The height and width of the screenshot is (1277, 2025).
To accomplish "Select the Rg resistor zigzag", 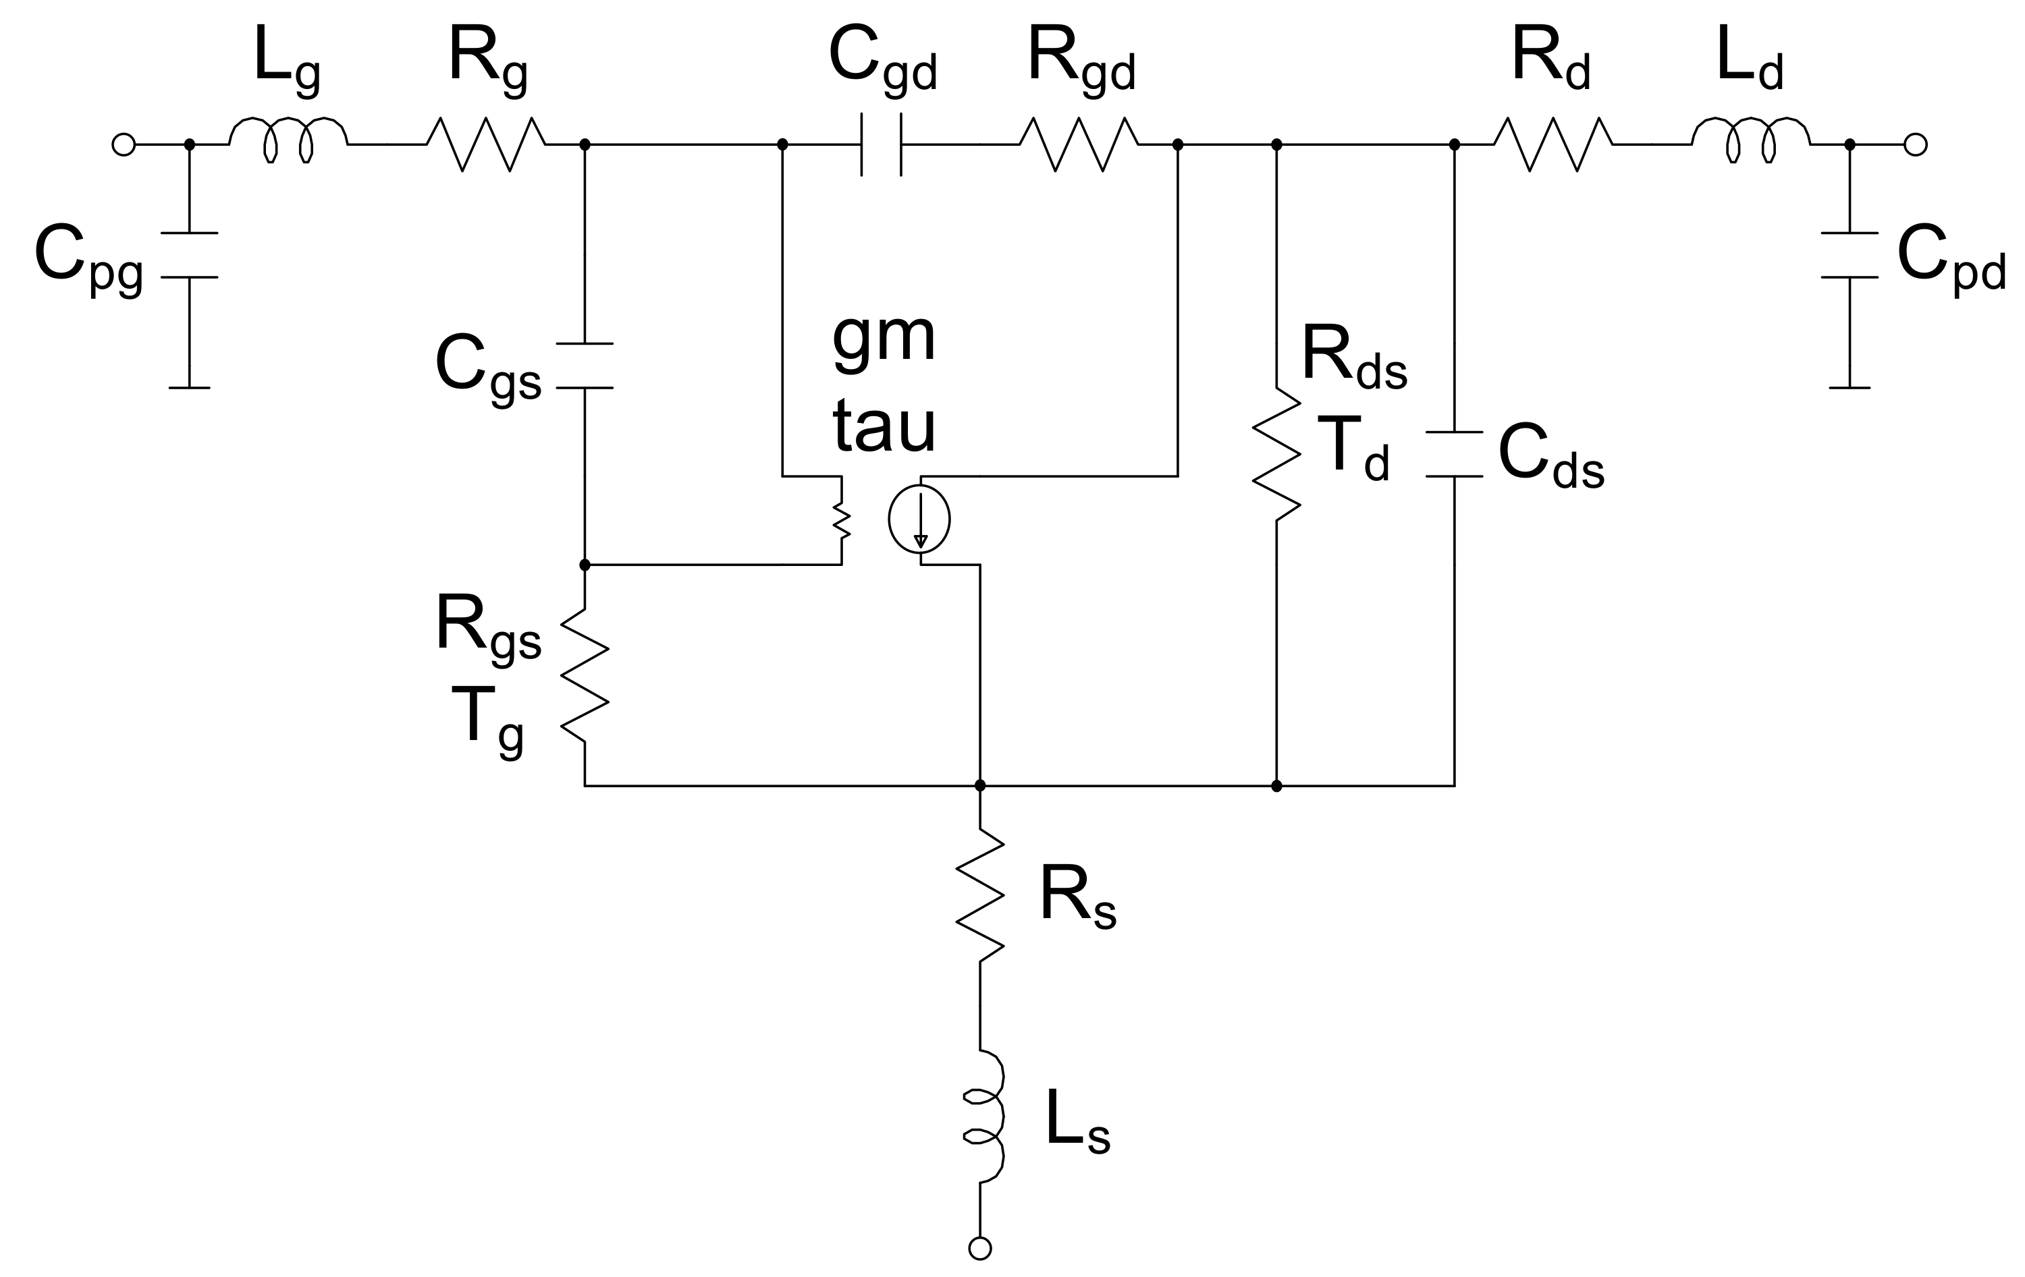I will [x=486, y=144].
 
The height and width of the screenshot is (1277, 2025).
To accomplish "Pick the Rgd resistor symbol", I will [x=1079, y=144].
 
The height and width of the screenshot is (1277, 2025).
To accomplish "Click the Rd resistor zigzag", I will [x=1553, y=144].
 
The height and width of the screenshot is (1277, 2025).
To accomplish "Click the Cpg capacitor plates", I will [x=189, y=255].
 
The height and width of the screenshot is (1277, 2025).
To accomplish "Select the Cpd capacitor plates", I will [x=1850, y=255].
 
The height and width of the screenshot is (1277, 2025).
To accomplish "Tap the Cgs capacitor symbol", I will [x=585, y=366].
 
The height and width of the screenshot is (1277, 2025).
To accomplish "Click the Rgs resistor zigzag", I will [x=585, y=676].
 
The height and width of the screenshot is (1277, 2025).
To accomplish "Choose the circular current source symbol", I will [x=919, y=519].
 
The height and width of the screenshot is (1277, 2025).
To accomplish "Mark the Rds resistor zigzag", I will [x=1276, y=454].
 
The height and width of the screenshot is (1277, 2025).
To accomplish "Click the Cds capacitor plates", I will [x=1454, y=454].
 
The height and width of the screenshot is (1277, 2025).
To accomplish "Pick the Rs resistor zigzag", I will [x=979, y=896].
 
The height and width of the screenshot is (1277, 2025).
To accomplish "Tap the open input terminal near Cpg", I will [x=124, y=144].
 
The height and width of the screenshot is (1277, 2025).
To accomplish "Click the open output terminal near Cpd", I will [x=1915, y=144].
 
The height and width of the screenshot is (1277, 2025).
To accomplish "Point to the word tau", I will [x=884, y=427].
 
